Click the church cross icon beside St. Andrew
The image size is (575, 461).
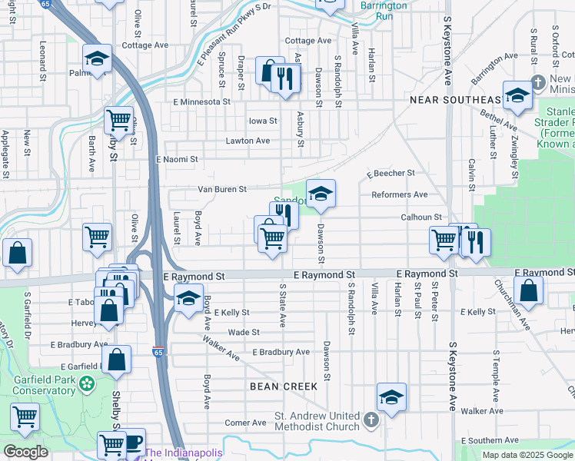pos(371,420)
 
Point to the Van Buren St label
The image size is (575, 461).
pos(222,189)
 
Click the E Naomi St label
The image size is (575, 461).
pos(177,159)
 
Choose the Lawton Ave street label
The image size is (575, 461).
pos(248,141)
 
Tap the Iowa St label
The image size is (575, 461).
pos(262,121)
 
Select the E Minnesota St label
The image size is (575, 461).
pos(202,101)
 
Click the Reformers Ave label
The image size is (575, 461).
pos(399,194)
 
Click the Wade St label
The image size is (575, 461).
pos(244,332)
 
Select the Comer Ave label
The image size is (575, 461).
pos(245,423)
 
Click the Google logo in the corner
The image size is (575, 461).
pos(25,452)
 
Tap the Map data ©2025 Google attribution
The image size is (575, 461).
pos(527,455)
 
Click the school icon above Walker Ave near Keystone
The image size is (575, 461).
pos(391,396)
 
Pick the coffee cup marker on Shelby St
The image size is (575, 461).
pos(132,441)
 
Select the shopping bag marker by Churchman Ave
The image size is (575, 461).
pos(528,290)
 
